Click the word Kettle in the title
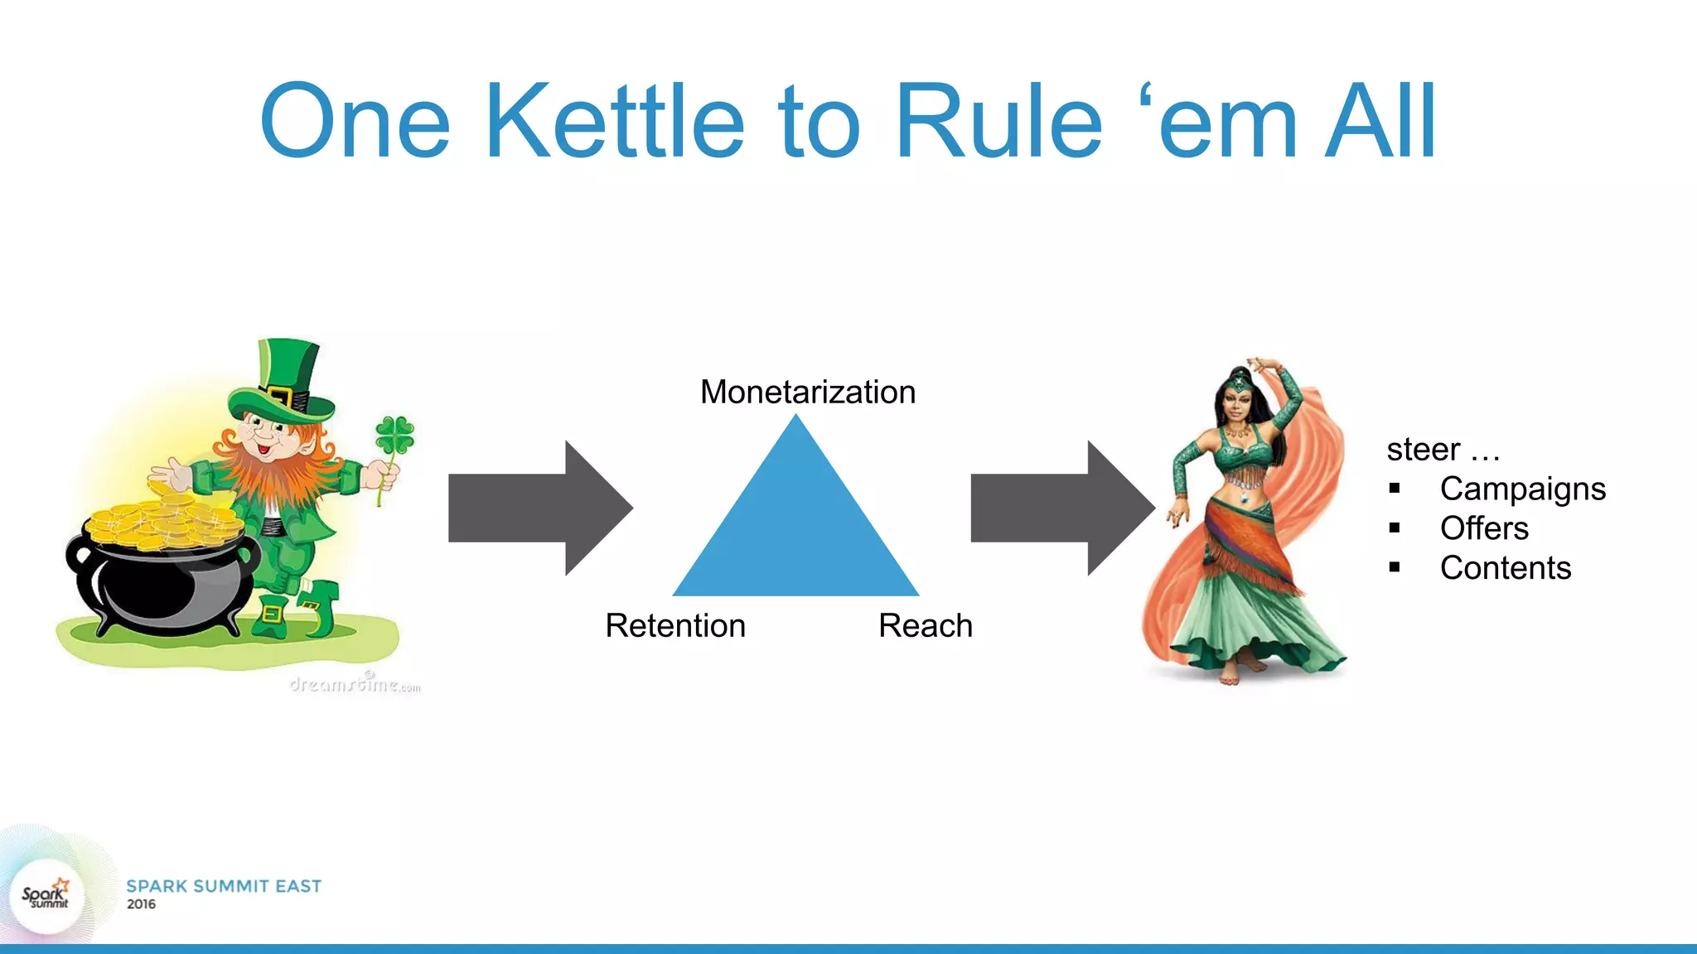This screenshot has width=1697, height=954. [x=615, y=121]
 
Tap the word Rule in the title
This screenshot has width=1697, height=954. [x=998, y=121]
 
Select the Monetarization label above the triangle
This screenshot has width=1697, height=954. [x=807, y=392]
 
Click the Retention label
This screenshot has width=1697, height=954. [x=674, y=625]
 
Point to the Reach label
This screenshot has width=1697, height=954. [x=925, y=625]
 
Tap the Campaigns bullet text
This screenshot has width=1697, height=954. [x=1522, y=489]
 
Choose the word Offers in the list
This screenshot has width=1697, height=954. [x=1483, y=528]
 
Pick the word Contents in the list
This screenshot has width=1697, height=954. [x=1505, y=568]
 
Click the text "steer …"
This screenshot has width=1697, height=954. [x=1443, y=450]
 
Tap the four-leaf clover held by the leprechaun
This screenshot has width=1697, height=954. [x=394, y=436]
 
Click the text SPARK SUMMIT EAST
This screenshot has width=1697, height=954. [x=224, y=886]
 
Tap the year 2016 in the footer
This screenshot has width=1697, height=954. [x=141, y=904]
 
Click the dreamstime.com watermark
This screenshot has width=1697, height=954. [x=355, y=684]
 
